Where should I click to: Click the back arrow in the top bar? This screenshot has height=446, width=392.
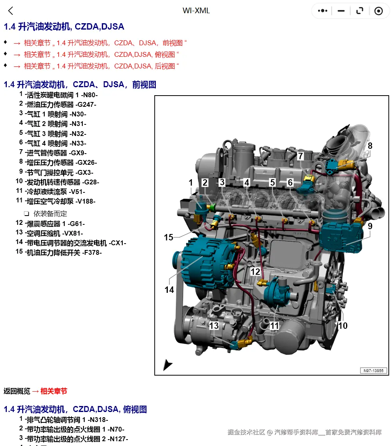(11, 11)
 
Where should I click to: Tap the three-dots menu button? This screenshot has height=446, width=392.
(322, 11)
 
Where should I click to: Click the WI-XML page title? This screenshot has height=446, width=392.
(196, 11)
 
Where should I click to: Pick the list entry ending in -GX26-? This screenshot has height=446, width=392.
(61, 162)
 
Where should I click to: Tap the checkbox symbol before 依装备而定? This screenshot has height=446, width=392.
(26, 214)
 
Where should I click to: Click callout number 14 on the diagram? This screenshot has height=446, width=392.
(169, 289)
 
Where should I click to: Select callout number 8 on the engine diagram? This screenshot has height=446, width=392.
(370, 146)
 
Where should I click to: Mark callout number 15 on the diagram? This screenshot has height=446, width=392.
(169, 237)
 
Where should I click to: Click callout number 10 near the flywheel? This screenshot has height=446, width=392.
(343, 326)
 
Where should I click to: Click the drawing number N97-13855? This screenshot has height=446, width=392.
(373, 370)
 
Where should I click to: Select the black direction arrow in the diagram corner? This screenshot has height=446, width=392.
(167, 364)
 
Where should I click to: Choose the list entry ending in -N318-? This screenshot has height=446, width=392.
(66, 420)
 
